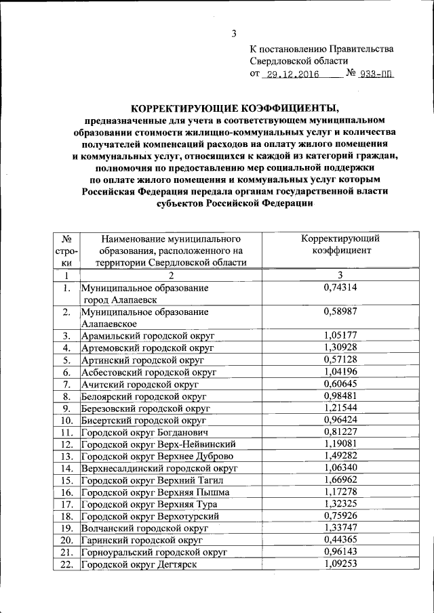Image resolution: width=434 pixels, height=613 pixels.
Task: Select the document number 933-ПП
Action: [x=376, y=75]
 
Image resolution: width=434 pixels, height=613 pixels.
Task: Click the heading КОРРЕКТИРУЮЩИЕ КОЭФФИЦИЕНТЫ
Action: [x=234, y=108]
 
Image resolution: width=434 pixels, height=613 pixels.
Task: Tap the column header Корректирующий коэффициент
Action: [x=340, y=245]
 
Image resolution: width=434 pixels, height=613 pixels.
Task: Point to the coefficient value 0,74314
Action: [x=340, y=288]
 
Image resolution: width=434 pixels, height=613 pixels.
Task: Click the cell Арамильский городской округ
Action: [x=147, y=336]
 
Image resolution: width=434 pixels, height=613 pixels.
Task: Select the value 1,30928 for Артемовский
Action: [x=340, y=347]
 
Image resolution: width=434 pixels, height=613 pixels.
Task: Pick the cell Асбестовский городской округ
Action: [x=149, y=373]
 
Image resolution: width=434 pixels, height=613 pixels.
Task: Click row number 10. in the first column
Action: [x=66, y=421]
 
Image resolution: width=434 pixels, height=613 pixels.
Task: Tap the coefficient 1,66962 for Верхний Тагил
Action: [x=340, y=480]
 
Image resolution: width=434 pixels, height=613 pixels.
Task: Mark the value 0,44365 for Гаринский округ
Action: [x=340, y=539]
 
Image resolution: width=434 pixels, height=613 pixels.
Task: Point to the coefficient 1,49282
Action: [x=340, y=456]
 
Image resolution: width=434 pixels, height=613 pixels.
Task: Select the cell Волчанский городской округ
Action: [x=144, y=528]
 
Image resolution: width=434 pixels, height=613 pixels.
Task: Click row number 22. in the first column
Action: [x=66, y=564]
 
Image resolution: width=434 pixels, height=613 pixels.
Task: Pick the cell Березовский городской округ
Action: [x=148, y=408]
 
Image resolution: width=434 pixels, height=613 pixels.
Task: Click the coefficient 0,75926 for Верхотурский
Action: [x=340, y=515]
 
